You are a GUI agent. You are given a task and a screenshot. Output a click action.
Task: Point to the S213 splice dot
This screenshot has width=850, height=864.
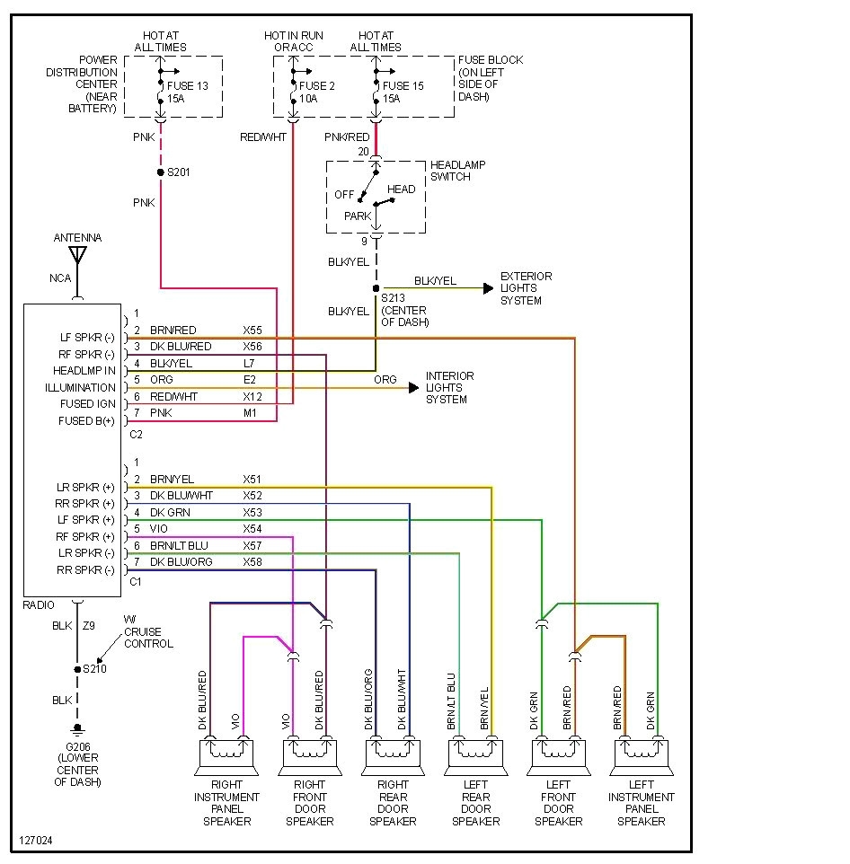tap(376, 288)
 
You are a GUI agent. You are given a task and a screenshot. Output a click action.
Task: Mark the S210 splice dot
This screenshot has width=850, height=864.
tap(77, 669)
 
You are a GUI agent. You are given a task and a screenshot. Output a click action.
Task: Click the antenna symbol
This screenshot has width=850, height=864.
tap(77, 254)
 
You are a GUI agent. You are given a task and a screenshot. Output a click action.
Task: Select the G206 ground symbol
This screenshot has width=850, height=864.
tap(77, 728)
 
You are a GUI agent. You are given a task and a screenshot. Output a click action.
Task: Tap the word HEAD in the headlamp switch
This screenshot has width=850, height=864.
tap(402, 190)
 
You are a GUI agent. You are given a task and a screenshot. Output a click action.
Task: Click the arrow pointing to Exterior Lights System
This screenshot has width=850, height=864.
tap(488, 288)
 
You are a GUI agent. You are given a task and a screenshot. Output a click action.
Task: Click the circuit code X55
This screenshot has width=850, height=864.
tap(252, 331)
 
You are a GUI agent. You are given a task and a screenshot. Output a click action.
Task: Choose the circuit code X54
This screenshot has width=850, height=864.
tap(252, 529)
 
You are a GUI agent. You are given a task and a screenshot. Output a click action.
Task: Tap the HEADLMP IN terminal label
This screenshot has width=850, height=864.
tap(84, 371)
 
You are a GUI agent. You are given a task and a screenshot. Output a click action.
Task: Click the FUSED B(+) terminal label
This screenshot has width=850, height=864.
tap(87, 420)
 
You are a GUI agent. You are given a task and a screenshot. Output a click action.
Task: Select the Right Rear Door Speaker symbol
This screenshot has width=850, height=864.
tap(393, 755)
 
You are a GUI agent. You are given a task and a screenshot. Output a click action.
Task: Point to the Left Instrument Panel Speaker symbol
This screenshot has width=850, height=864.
tap(642, 755)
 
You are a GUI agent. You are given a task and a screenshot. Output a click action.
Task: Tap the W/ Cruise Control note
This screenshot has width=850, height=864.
tap(147, 631)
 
